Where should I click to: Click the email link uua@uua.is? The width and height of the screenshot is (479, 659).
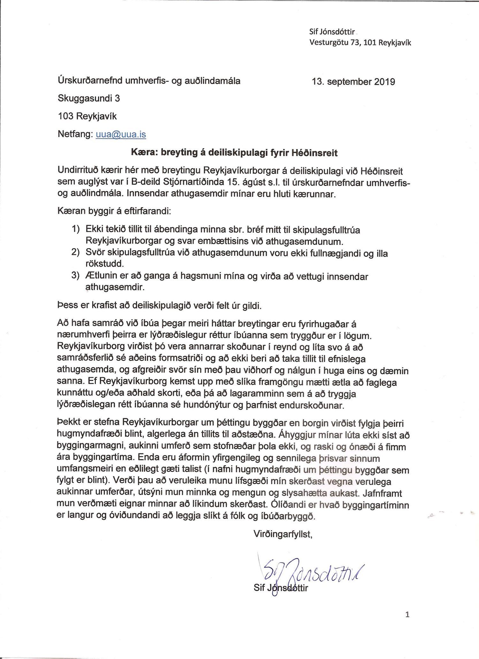coord(121,134)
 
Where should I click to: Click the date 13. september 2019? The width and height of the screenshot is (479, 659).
coord(354,82)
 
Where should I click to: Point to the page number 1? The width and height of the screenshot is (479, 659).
coord(407,614)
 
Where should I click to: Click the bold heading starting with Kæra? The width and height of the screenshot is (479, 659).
coord(234,153)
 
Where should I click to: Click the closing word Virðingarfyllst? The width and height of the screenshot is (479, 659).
coord(283,534)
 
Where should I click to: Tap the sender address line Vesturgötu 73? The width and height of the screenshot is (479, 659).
coord(360,42)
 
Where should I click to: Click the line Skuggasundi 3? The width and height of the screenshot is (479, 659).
coord(89,98)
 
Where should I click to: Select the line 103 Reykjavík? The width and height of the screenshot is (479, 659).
coord(87,116)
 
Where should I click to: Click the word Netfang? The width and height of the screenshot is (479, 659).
coord(75,134)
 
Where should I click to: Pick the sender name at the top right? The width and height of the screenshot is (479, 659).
coord(332,31)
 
